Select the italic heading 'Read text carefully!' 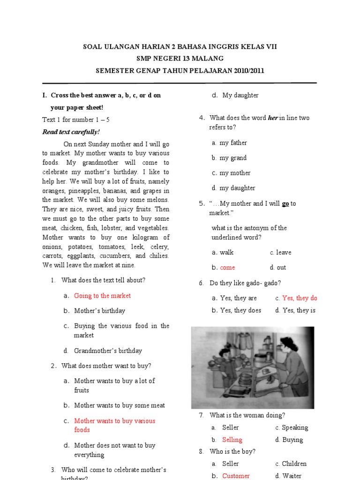point(71,132)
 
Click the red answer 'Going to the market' point(102,296)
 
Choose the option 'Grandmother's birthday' point(108,351)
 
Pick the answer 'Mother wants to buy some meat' point(120,405)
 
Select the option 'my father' point(233,143)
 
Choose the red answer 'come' point(227,268)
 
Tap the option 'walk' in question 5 point(226,253)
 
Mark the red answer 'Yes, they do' point(300,298)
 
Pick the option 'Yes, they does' point(240,310)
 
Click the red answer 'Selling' point(232,440)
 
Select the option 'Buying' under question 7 point(292,440)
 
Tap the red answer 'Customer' point(236,476)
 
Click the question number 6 point(201,283)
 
